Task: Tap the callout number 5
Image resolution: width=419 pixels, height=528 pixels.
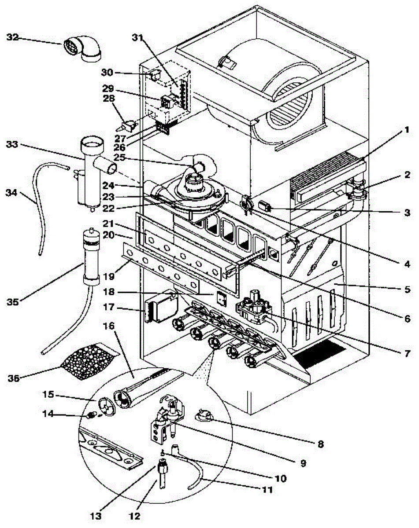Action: click(407, 289)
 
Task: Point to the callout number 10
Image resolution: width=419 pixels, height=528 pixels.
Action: click(280, 478)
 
